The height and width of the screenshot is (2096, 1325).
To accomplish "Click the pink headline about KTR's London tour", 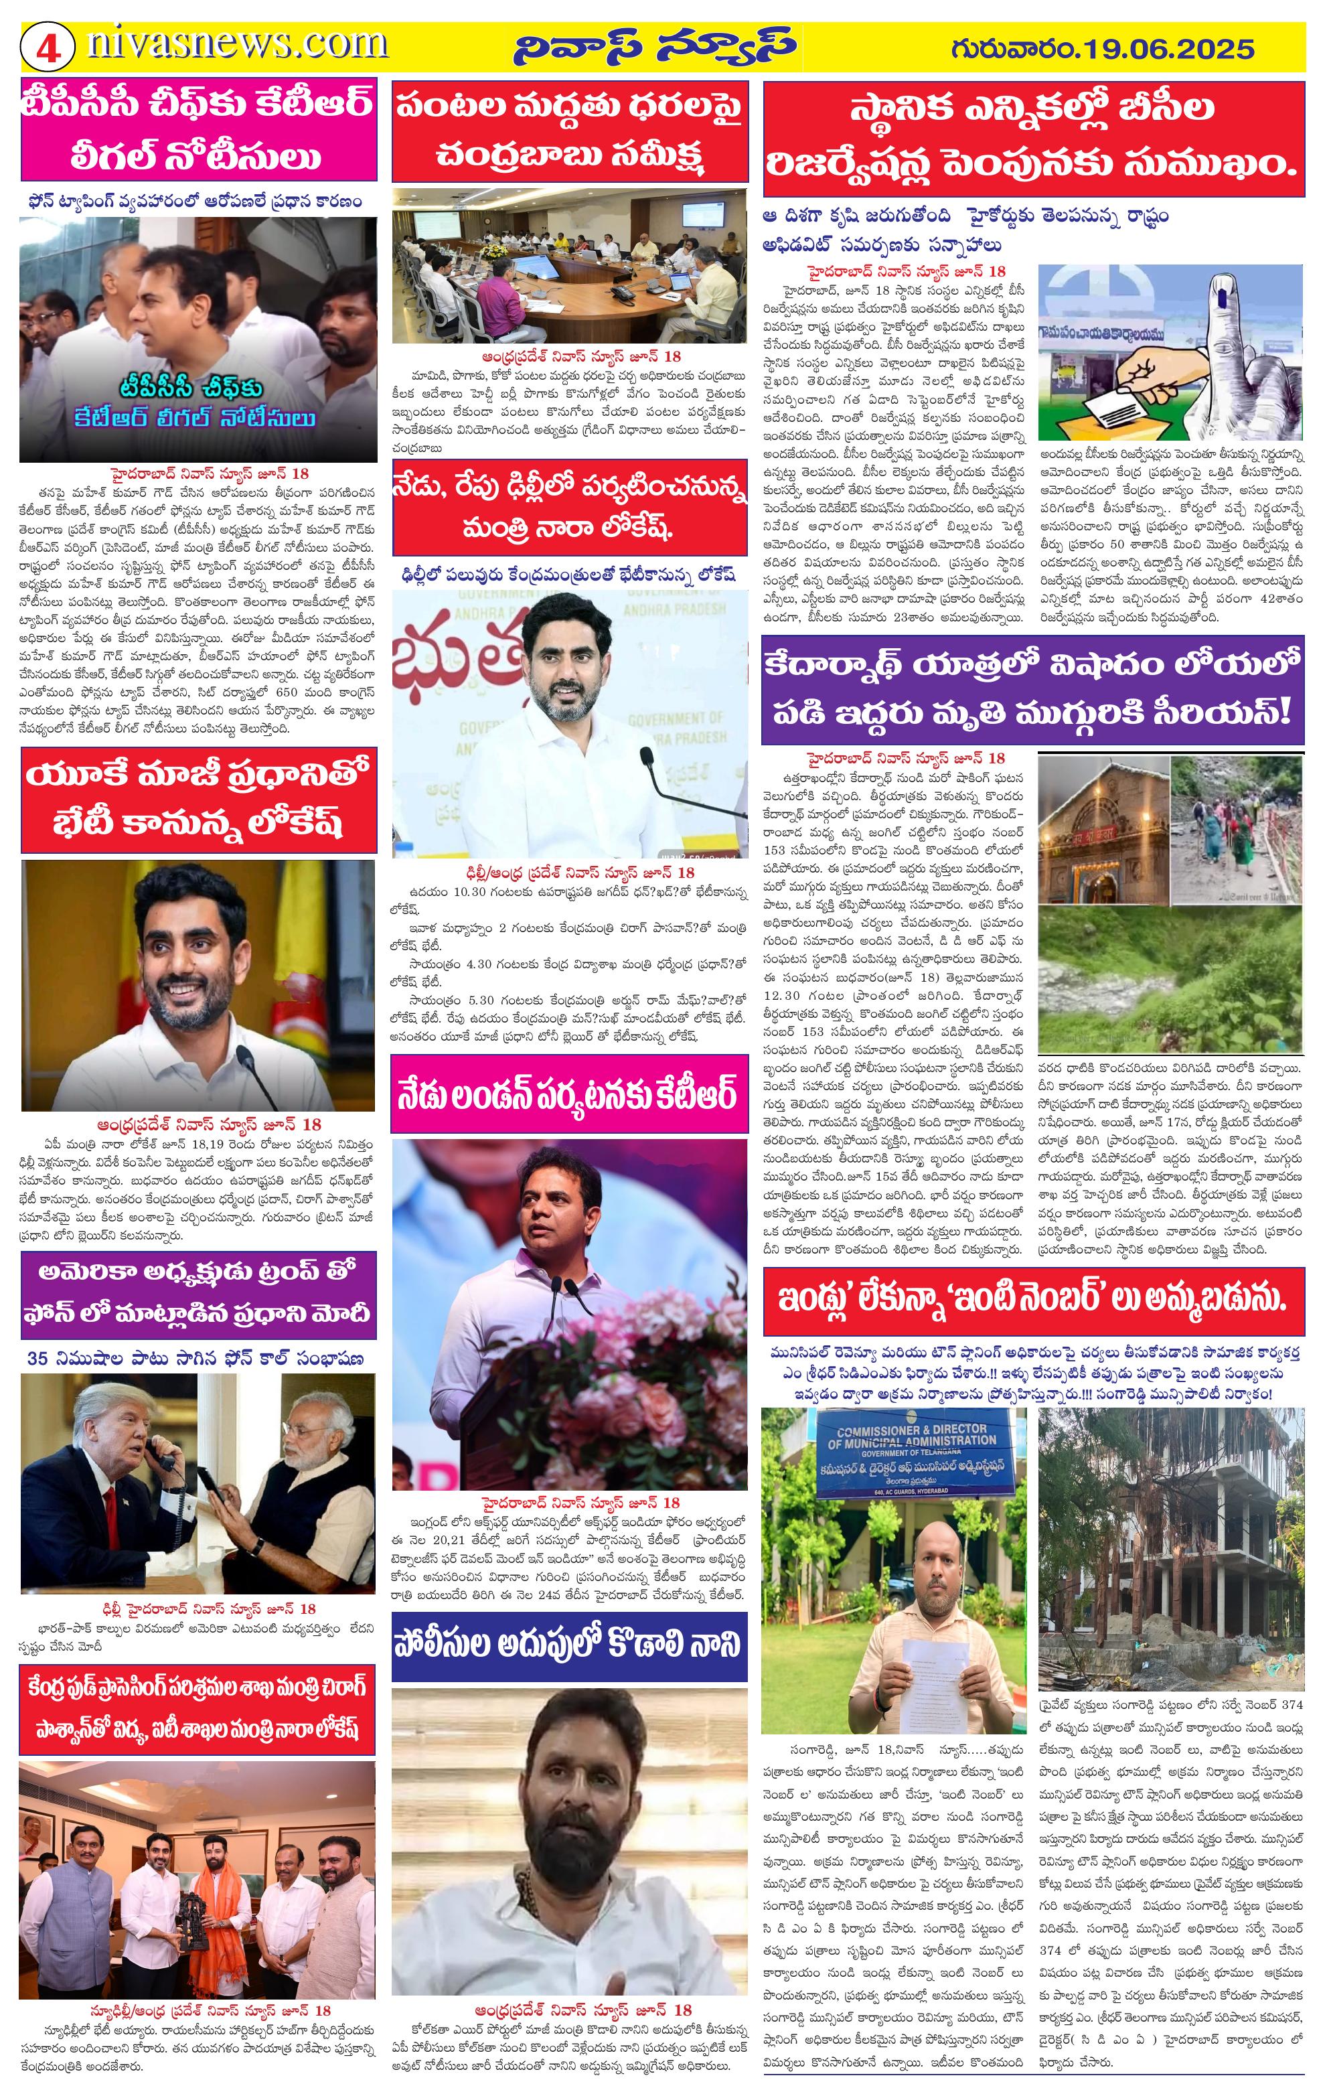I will pos(569,1096).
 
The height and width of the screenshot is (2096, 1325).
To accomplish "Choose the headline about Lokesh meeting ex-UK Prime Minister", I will pos(198,798).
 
